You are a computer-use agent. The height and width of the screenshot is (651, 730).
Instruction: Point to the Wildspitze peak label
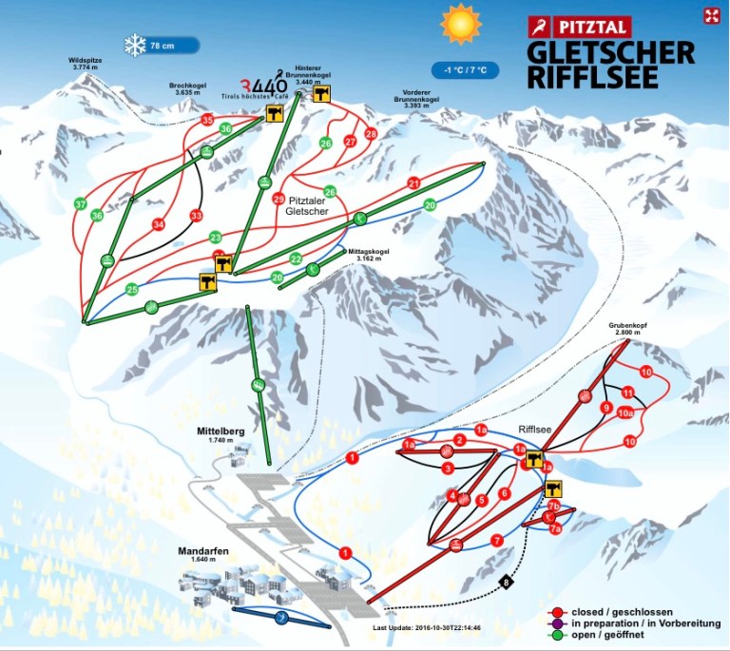[86, 64]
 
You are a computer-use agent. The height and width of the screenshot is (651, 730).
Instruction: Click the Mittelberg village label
[221, 435]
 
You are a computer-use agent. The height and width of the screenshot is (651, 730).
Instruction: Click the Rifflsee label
[535, 429]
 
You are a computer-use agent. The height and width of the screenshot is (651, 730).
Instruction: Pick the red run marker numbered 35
[207, 120]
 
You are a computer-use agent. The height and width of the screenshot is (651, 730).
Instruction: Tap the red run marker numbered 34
[159, 224]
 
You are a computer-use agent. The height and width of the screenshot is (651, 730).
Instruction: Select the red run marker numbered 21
[413, 182]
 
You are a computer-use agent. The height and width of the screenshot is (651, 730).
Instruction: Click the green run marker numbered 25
[132, 289]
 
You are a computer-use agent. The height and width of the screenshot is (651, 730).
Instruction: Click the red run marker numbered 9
[605, 409]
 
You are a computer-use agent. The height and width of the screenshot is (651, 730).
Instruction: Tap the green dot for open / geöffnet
[554, 637]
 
